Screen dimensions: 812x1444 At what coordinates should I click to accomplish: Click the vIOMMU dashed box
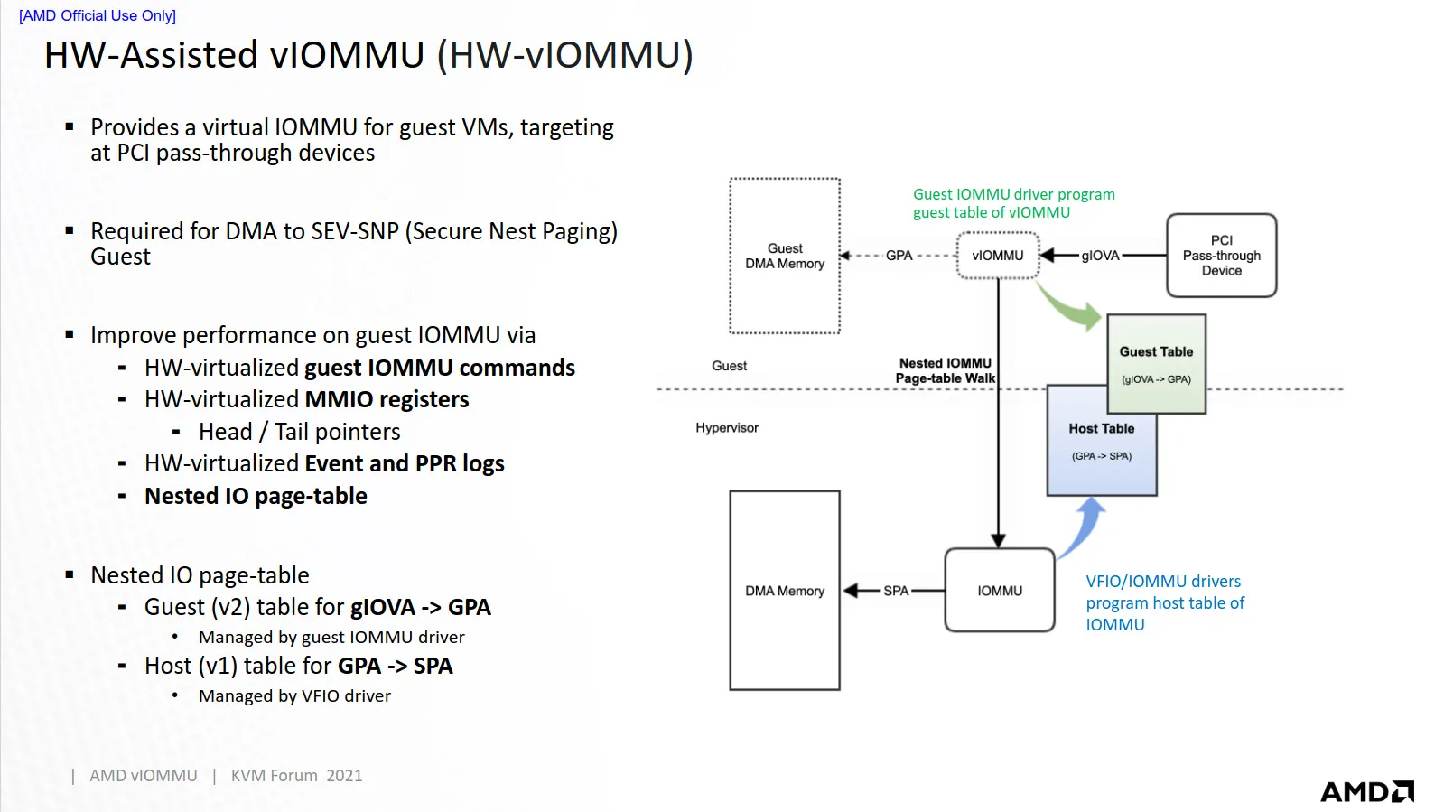(998, 256)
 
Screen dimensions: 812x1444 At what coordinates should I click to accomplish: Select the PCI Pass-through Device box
(1221, 256)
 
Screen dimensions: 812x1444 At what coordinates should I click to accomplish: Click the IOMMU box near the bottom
(1000, 591)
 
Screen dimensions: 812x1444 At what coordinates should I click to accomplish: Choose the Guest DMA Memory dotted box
(785, 257)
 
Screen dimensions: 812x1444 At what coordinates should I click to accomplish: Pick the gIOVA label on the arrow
(1100, 256)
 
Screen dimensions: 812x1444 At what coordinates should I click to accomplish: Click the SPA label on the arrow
(896, 591)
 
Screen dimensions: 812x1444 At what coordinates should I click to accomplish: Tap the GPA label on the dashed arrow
(899, 256)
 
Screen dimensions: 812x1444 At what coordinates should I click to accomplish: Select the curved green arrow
(1068, 305)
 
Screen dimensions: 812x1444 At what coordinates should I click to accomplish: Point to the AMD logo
(1366, 792)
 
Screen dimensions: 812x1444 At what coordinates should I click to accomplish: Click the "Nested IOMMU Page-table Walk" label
(945, 370)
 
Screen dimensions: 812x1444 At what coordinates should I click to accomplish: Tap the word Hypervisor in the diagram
(727, 428)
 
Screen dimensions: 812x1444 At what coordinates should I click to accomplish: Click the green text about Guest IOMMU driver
(1013, 203)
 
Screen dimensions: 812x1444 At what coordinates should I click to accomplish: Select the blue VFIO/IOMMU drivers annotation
(1164, 602)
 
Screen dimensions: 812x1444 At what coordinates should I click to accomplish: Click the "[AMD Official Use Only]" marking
(98, 15)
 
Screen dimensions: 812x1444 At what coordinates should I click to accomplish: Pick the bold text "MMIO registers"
(387, 399)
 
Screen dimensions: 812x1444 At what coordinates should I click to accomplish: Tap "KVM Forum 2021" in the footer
(296, 776)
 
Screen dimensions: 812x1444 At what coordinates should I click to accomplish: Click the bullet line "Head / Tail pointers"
(299, 432)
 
